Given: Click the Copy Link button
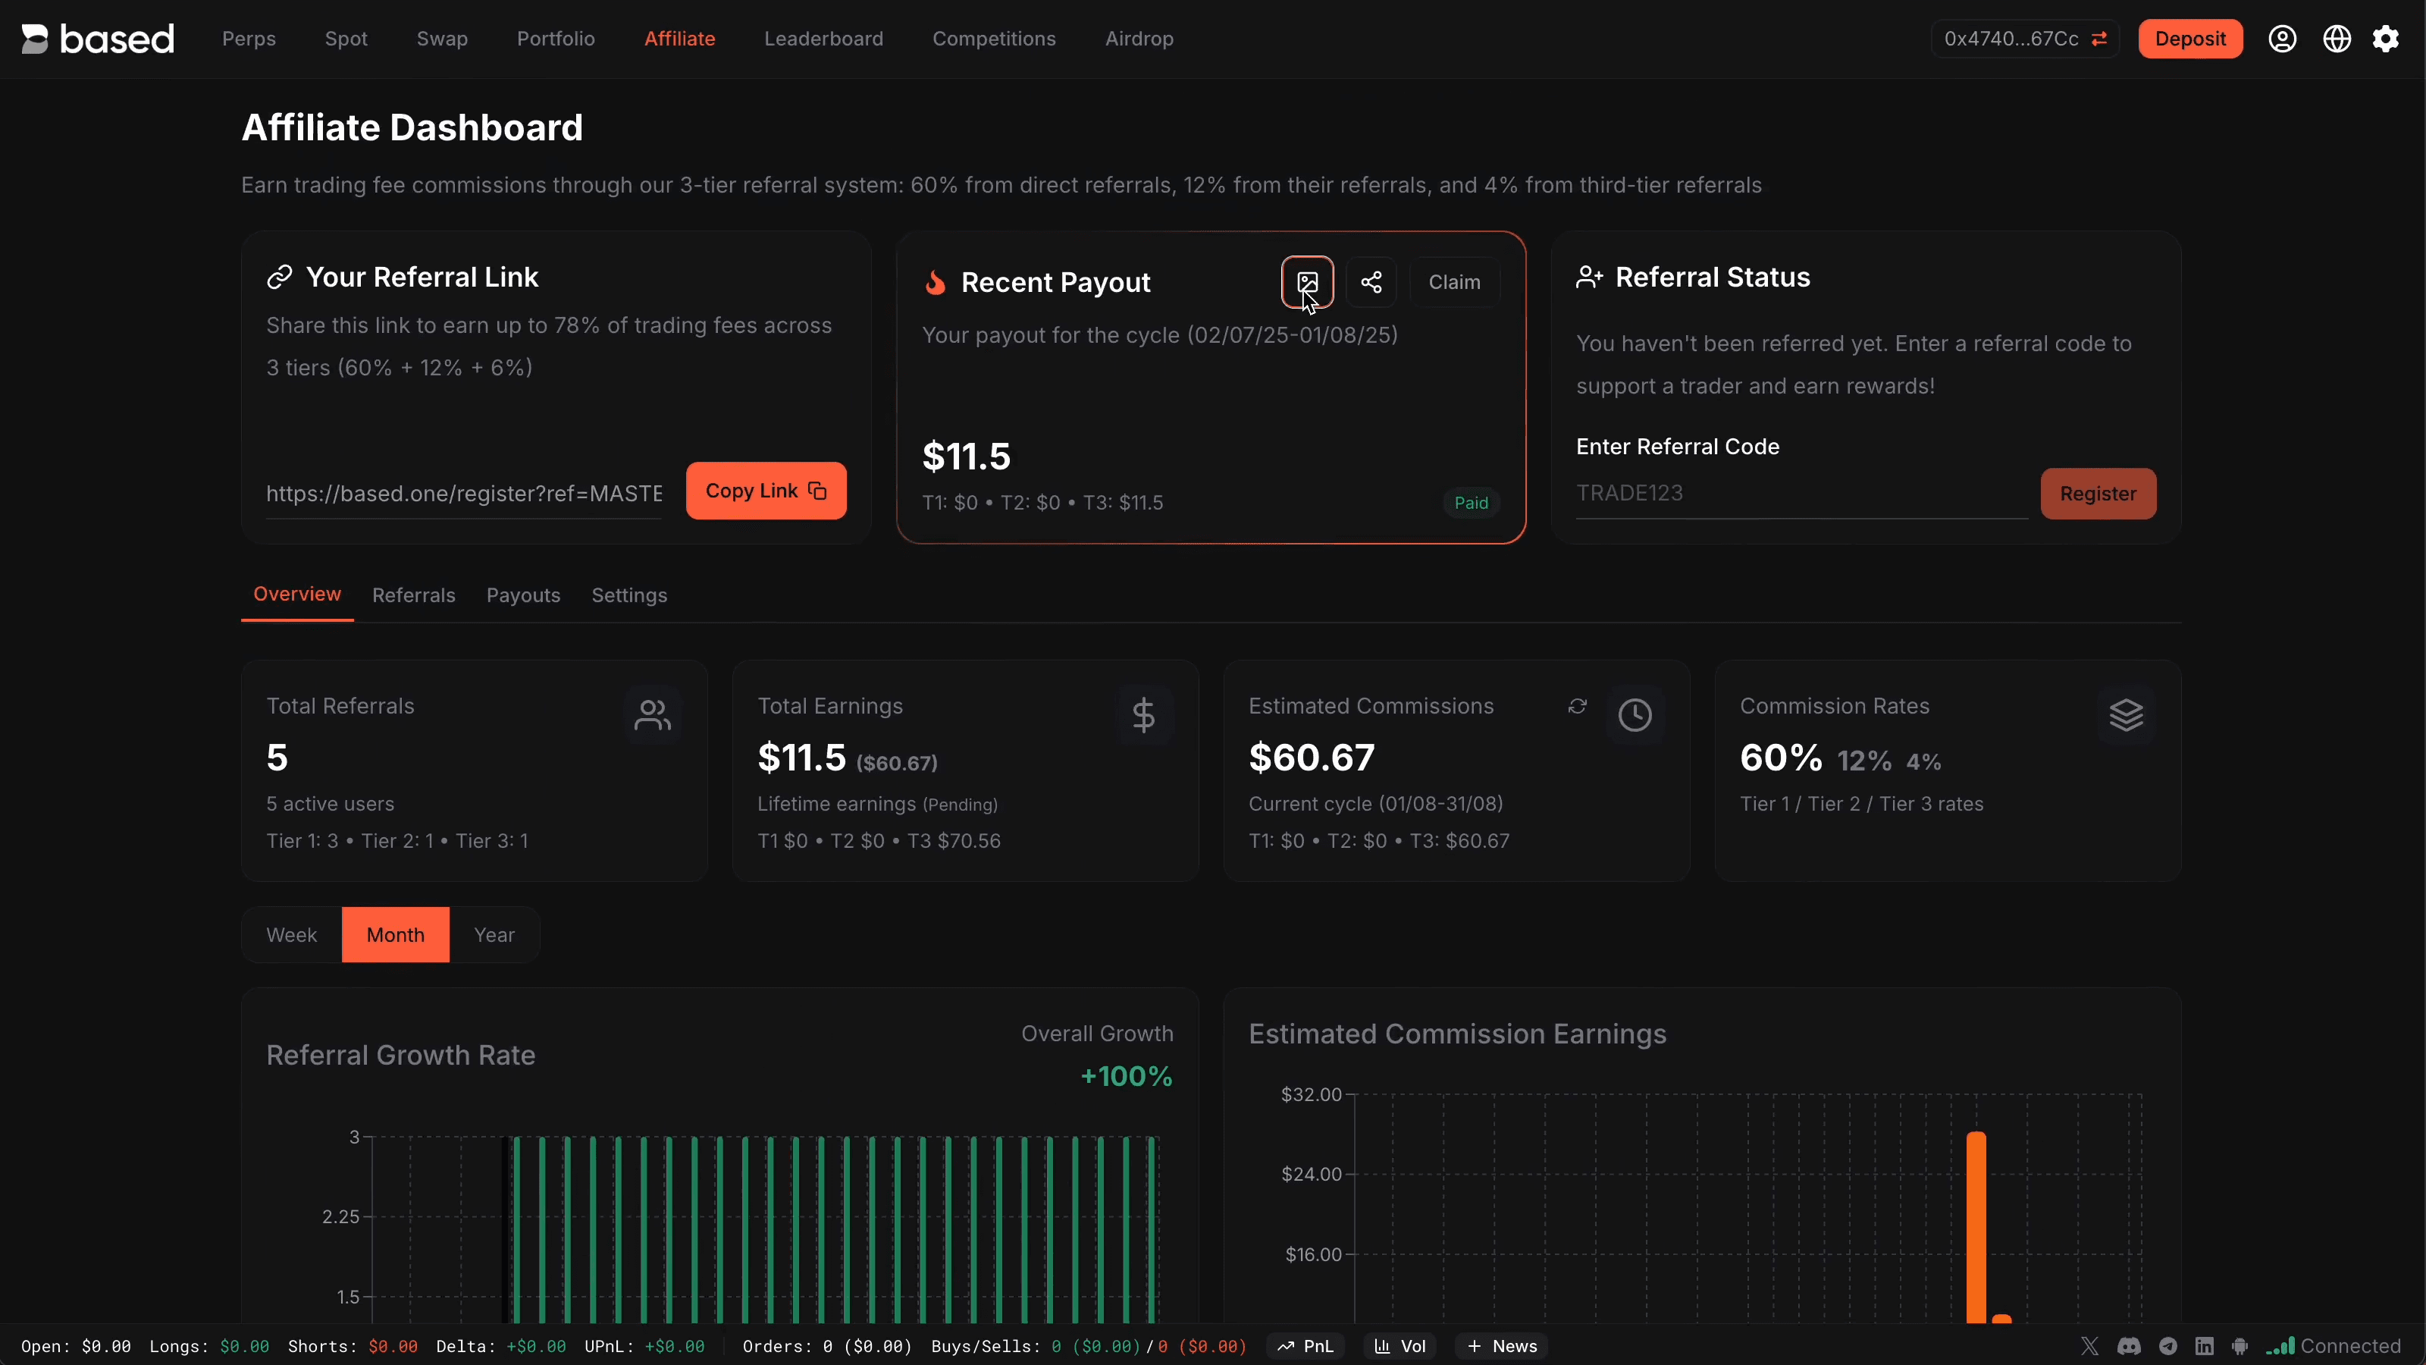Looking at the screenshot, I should [766, 491].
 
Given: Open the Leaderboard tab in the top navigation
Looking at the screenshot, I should [823, 39].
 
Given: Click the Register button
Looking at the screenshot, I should [2097, 494].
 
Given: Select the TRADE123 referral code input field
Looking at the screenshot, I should [1799, 493].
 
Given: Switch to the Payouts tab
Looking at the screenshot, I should [522, 595].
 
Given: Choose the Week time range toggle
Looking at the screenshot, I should [291, 934].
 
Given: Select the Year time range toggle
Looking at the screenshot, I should [494, 934].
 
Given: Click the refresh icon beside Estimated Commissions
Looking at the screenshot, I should [1578, 707].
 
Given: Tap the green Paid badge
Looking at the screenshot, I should [1470, 503].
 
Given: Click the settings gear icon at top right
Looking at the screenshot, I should [2386, 39].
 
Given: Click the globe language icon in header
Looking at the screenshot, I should [2337, 39].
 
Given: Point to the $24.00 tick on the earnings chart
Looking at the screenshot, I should [1311, 1174].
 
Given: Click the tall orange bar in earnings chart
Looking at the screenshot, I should [1976, 1225].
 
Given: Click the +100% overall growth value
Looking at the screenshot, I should [1127, 1076].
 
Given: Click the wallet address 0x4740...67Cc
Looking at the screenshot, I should [2011, 39].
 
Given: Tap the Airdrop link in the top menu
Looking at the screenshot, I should [1139, 39].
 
